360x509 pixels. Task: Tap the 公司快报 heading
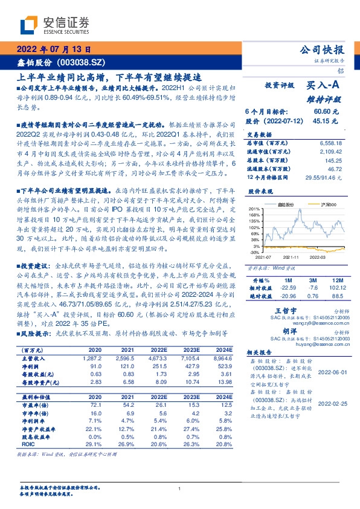[x=326, y=50]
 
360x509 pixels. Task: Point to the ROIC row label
[x=28, y=443]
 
